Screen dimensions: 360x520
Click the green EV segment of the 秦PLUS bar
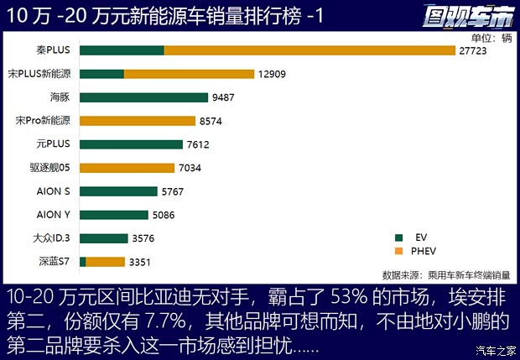[x=122, y=50]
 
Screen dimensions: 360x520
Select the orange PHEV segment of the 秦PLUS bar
[x=309, y=50]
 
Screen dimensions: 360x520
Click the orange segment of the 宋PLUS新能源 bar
[x=189, y=74]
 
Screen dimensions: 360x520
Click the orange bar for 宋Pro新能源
[x=138, y=121]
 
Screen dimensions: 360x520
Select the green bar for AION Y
[x=113, y=215]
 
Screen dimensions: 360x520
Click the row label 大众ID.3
[x=51, y=238]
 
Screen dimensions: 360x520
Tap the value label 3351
[x=143, y=263]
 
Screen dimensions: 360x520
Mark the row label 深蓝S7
[x=53, y=262]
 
